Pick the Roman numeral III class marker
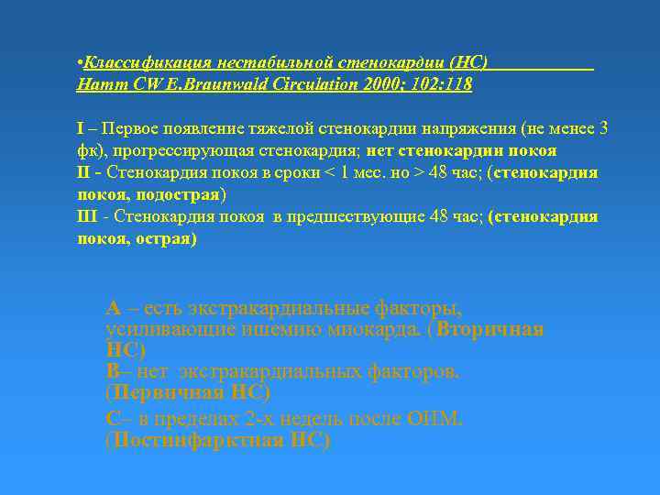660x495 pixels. pos(89,217)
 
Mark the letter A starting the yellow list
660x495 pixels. pos(113,308)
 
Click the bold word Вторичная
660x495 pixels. pos(489,329)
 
